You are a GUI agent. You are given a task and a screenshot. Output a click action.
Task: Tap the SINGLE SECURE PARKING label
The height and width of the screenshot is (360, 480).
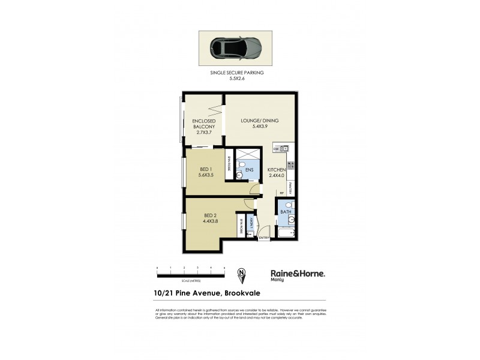[237, 73]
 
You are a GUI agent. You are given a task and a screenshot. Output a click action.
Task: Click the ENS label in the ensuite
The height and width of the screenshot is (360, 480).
[249, 170]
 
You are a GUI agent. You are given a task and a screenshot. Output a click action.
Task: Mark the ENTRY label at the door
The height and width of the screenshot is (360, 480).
[263, 238]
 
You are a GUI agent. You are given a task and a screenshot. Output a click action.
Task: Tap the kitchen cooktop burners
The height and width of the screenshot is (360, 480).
[290, 164]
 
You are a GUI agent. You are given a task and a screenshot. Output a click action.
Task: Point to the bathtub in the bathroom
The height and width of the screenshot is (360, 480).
[286, 232]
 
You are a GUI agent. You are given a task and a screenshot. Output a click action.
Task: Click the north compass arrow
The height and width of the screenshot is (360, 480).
[242, 273]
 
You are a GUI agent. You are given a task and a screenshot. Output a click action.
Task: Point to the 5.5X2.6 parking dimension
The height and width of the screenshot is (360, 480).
[237, 77]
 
